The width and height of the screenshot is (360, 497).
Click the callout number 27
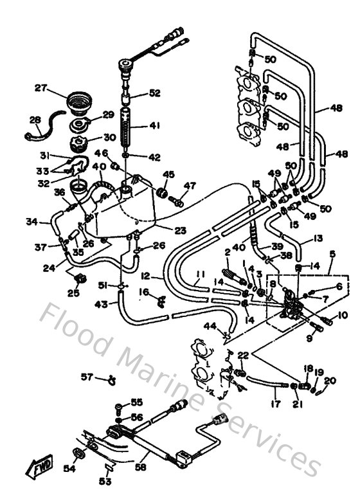click(40, 88)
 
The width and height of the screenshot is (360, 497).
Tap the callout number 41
click(154, 127)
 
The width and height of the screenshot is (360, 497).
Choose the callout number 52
click(154, 93)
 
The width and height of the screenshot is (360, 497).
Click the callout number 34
click(31, 222)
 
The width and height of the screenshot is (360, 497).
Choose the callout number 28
click(34, 119)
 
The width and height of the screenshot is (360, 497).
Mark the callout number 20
click(330, 381)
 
